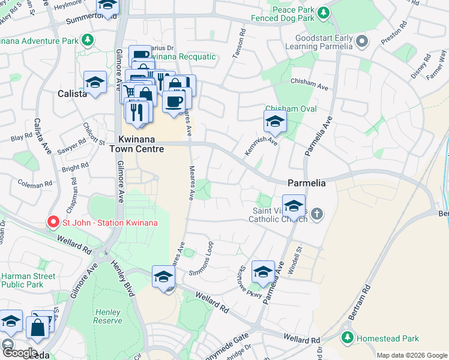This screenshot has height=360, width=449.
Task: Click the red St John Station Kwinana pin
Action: (53, 223)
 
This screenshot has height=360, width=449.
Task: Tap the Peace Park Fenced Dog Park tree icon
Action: (324, 12)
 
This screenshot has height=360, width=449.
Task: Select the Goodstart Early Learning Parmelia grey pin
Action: (361, 41)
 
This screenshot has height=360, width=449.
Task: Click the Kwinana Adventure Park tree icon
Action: (88, 41)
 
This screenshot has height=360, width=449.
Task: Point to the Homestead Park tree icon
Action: (346, 338)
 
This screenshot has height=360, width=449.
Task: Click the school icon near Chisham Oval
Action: (274, 122)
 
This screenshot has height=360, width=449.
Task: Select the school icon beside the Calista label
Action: (95, 82)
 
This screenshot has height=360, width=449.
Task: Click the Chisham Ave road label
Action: (309, 86)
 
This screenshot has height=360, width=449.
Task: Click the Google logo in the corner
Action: (20, 353)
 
